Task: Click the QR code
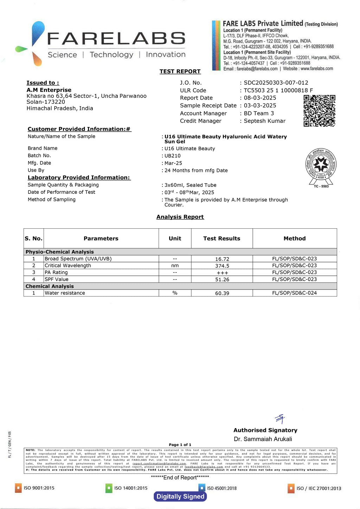click(319, 110)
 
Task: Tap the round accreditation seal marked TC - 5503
click(321, 165)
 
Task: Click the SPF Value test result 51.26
click(222, 279)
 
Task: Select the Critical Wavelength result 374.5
click(222, 266)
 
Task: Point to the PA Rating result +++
click(222, 273)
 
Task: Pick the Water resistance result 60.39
click(222, 293)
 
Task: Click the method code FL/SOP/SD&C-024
click(294, 293)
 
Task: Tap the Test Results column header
click(221, 238)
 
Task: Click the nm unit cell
click(175, 266)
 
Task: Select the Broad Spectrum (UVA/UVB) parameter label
click(78, 259)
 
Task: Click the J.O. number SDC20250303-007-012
click(276, 83)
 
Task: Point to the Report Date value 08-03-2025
click(260, 98)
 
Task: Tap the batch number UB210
click(173, 156)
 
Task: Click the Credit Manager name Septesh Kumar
click(265, 121)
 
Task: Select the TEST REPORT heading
click(180, 71)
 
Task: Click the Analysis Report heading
click(180, 217)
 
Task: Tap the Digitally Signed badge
click(180, 496)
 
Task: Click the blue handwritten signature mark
click(280, 419)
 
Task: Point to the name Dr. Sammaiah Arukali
click(263, 439)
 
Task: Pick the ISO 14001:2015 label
click(130, 488)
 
